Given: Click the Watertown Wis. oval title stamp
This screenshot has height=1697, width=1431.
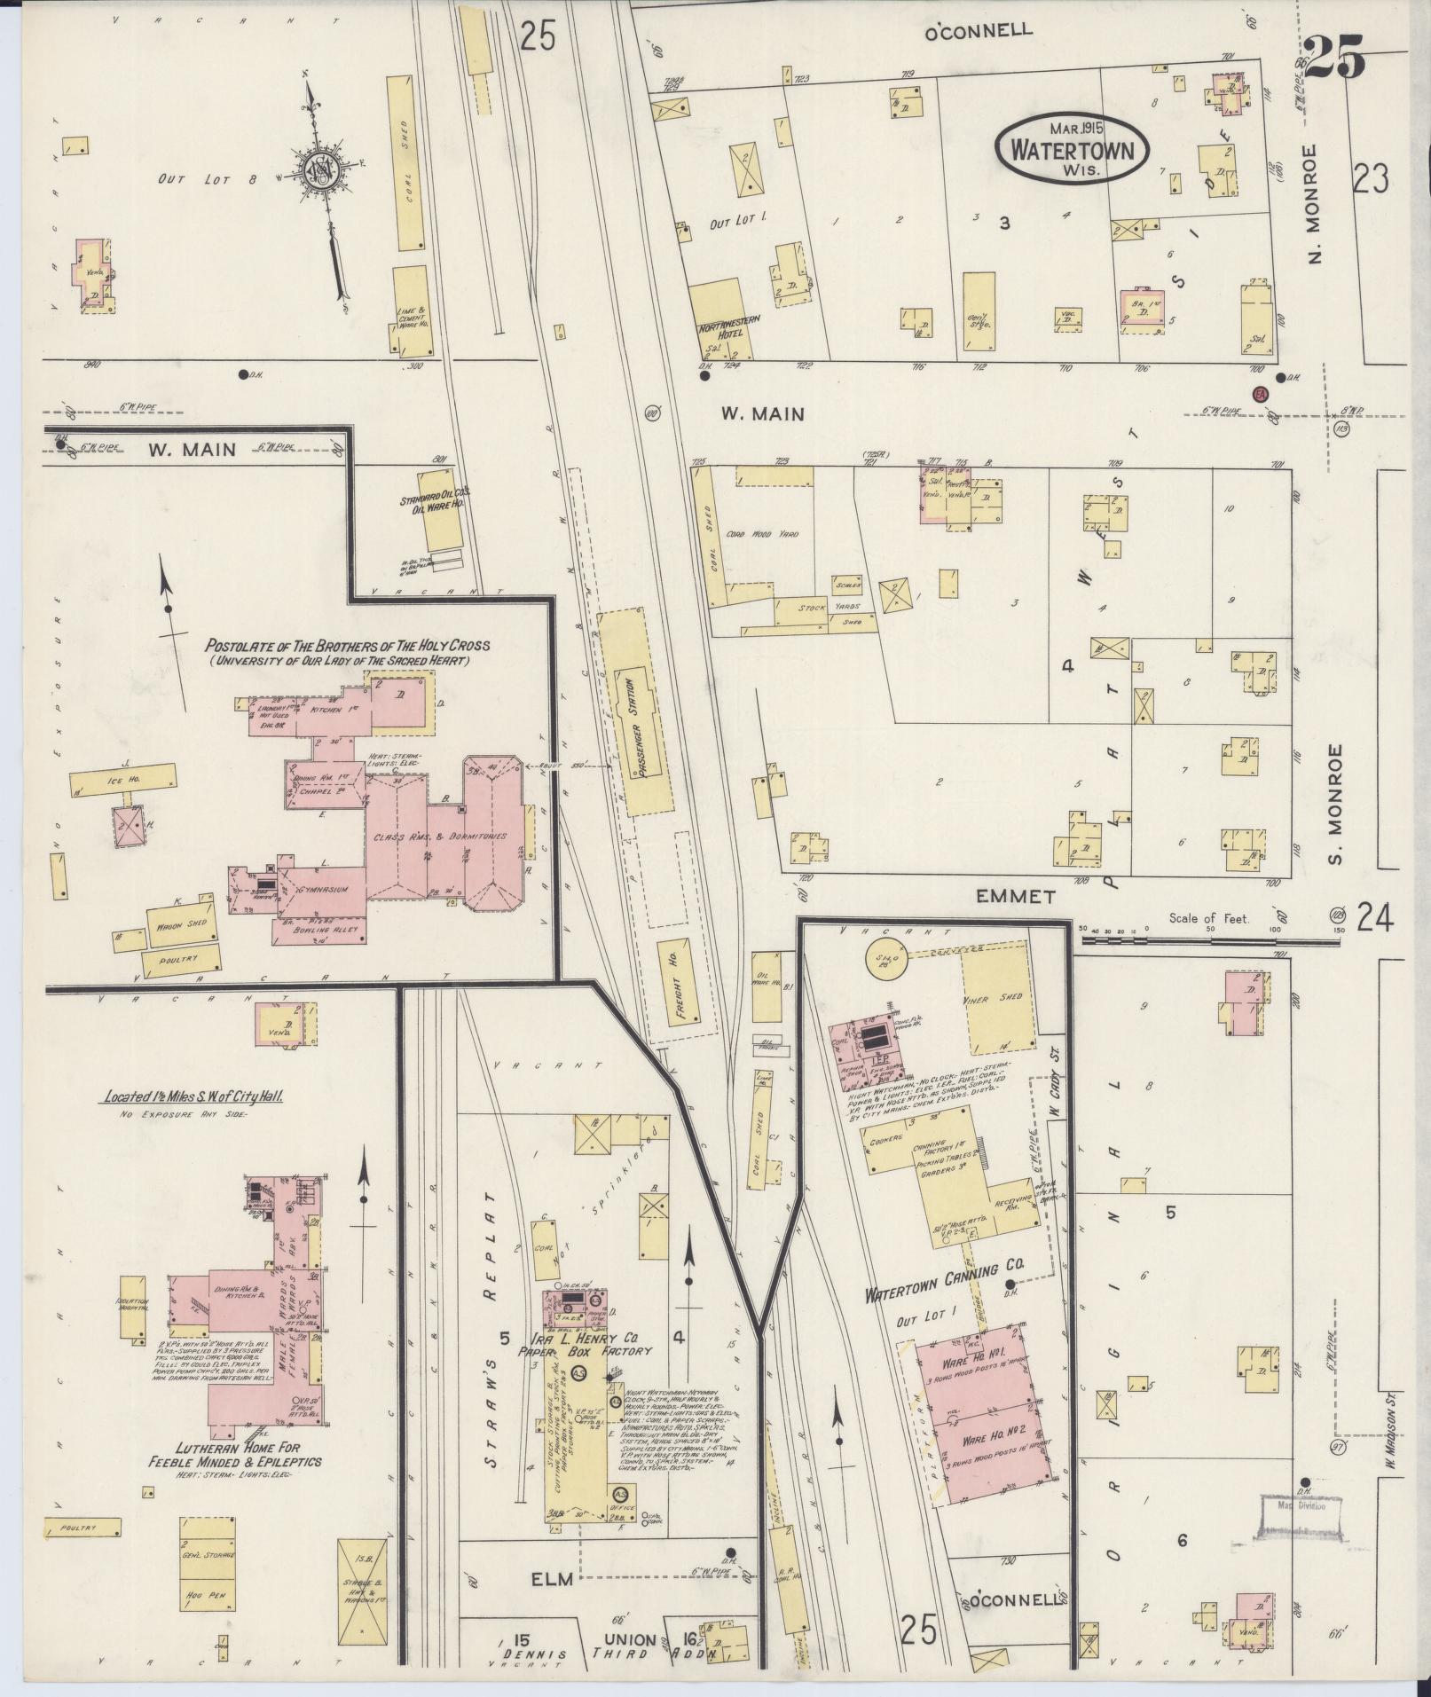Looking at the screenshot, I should click(1072, 149).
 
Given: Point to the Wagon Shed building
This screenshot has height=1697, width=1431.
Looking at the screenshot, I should click(181, 922).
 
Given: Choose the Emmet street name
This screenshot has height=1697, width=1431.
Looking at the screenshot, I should click(1016, 897).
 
